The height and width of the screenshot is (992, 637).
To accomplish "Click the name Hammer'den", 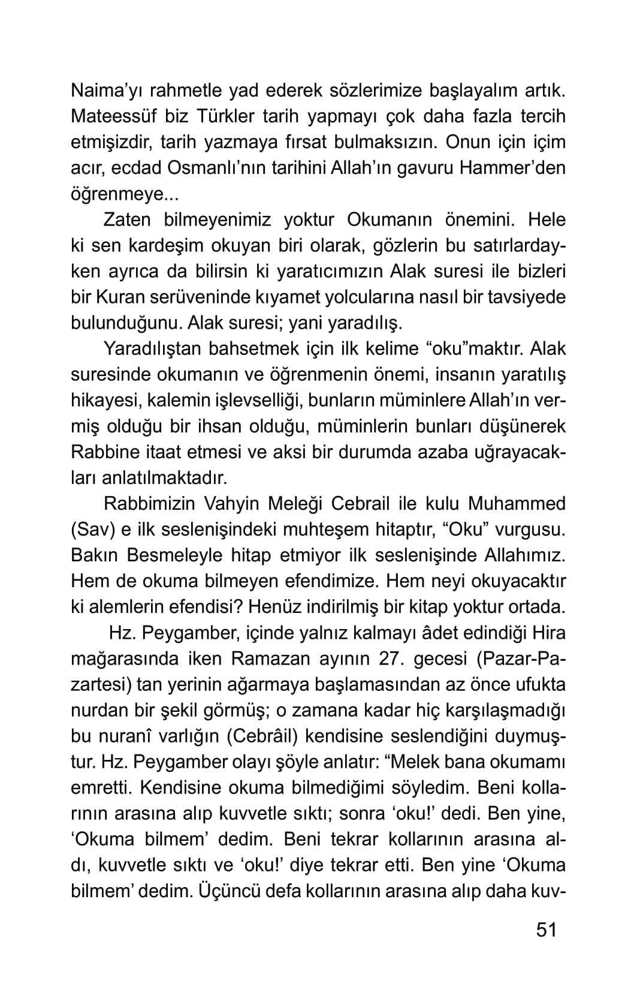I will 512,169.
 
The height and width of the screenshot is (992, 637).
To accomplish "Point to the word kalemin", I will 163,400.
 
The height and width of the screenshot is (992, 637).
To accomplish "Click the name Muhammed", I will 517,504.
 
